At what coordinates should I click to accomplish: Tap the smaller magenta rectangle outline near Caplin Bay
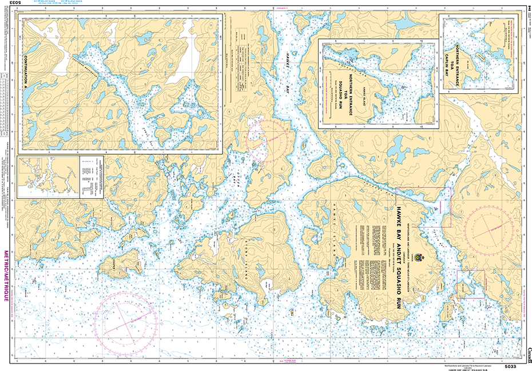(x=470, y=284)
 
